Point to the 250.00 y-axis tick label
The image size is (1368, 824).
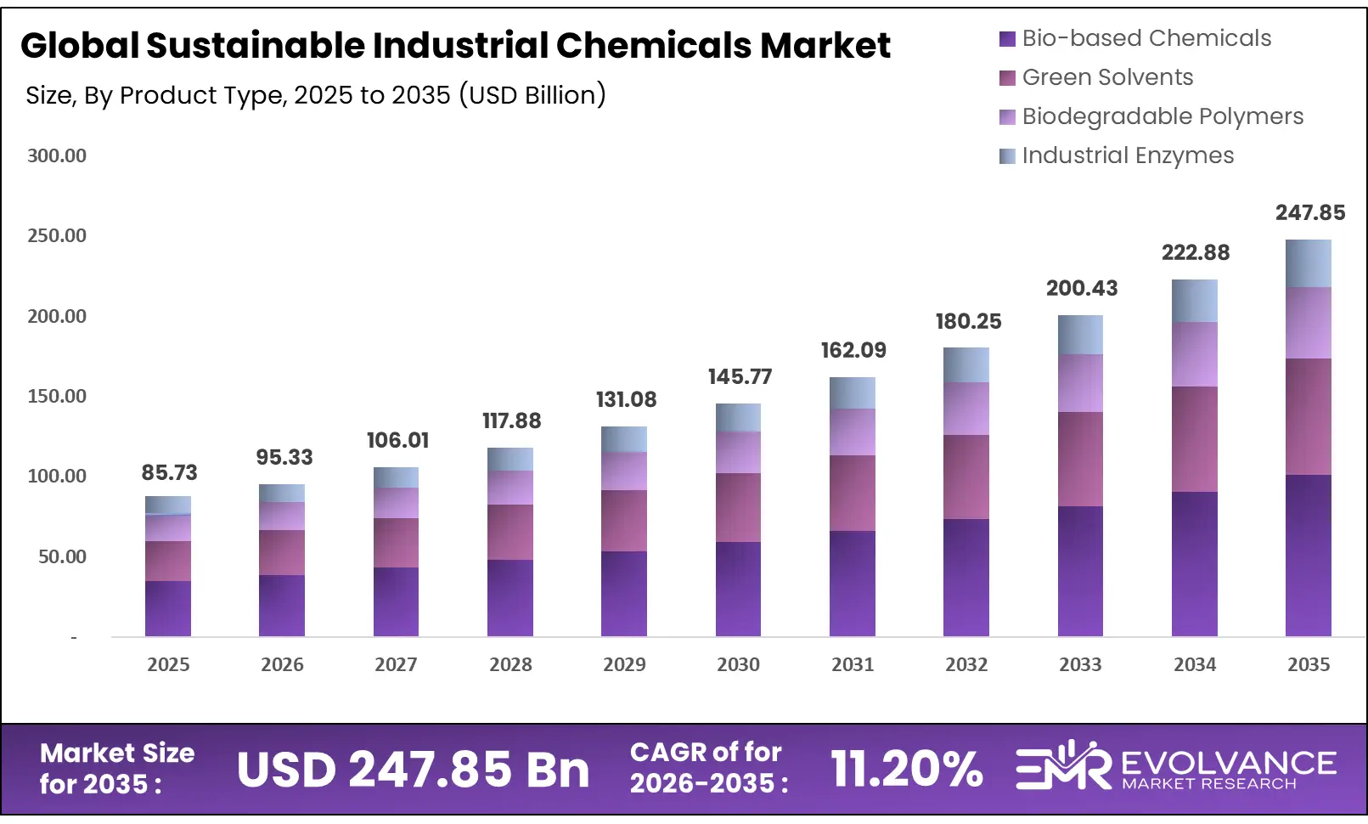coord(57,235)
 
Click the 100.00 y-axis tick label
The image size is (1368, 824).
coord(57,476)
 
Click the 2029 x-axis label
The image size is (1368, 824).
coord(624,664)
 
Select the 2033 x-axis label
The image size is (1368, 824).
coord(1080,664)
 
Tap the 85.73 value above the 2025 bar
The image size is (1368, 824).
coord(169,472)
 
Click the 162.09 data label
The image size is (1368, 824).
coord(853,350)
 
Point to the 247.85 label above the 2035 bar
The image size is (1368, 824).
coord(1309,212)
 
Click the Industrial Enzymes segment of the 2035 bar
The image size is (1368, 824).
coord(1308,263)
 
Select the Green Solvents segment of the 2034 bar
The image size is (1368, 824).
coord(1194,439)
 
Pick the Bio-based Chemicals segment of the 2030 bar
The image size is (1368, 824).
coord(738,589)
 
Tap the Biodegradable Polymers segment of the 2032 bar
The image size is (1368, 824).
coord(965,409)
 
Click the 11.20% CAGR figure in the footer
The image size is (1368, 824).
coord(906,770)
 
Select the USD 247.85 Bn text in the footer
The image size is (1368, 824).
coord(413,770)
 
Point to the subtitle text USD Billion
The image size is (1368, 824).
coord(532,95)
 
